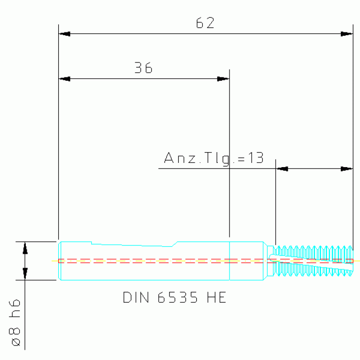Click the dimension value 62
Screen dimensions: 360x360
click(205, 23)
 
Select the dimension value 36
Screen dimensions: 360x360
click(143, 68)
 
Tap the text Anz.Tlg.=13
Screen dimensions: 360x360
click(214, 158)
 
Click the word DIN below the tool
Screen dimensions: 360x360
click(136, 297)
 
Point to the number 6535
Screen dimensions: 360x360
click(177, 297)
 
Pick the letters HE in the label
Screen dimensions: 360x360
click(216, 297)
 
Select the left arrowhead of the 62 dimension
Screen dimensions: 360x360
click(64, 34)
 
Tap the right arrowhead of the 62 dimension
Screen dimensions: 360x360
click(347, 34)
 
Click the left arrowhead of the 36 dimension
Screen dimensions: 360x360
click(64, 79)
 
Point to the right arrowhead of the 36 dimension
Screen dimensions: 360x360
click(223, 79)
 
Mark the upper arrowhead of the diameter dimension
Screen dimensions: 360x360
click(25, 248)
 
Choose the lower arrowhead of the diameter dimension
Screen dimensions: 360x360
click(25, 274)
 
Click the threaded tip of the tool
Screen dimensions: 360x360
click(314, 261)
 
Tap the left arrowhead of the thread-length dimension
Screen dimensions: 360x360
click(282, 169)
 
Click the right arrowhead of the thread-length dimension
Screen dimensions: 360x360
click(347, 169)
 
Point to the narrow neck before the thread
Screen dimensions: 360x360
click(270, 261)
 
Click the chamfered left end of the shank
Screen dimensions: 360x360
click(60, 261)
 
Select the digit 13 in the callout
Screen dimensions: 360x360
click(256, 158)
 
